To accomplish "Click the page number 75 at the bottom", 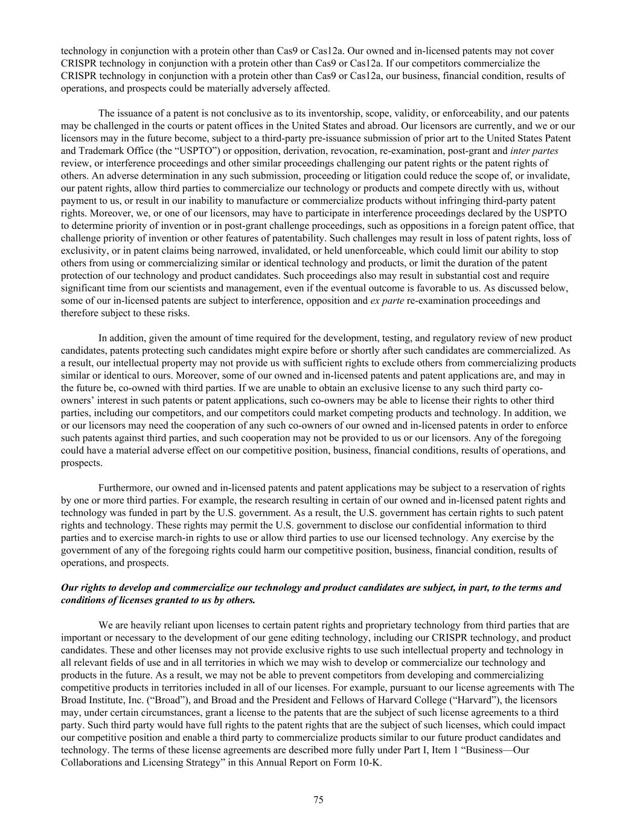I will tap(318, 800).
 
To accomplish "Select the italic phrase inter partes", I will tap(534, 151).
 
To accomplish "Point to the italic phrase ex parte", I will tap(387, 301).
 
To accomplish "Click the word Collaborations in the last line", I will tap(92, 762).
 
